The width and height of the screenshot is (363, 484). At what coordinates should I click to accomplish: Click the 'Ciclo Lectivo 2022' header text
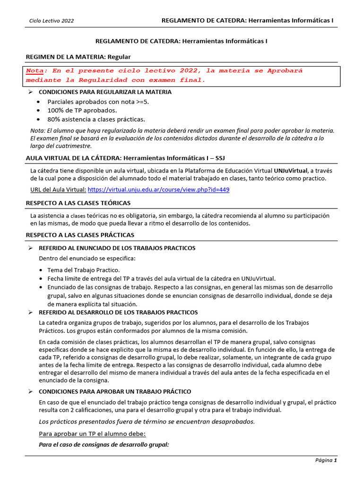pos(52,21)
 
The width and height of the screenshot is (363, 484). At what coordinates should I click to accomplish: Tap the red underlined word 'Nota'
pos(34,71)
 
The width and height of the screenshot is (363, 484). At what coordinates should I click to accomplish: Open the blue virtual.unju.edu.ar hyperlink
pos(159,190)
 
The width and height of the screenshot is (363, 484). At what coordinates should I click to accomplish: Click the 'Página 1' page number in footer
pos(326,460)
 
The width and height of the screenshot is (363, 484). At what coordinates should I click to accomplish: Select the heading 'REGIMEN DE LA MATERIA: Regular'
pos(78,57)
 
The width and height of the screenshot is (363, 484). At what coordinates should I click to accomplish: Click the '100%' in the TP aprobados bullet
pos(56,110)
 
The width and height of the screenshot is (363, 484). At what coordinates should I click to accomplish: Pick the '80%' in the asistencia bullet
pos(54,119)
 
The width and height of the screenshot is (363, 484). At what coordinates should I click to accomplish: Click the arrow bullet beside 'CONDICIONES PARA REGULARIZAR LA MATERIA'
pos(30,92)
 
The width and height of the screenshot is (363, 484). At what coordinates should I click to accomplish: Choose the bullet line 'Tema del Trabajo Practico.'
pos(83,269)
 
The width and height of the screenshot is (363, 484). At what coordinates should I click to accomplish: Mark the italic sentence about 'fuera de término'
pos(147,422)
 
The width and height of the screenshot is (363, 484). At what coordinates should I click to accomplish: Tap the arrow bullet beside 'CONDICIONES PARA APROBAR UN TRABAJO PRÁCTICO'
pos(30,391)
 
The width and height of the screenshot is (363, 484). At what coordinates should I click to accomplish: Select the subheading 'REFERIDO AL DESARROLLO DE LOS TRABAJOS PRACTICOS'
pos(118,312)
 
